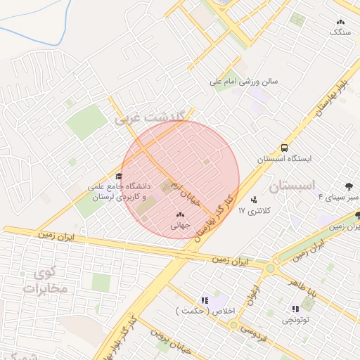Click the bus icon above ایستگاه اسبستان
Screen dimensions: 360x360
[x=284, y=148]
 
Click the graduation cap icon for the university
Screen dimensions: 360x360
[x=119, y=176]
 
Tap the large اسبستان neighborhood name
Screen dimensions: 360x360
[x=289, y=187]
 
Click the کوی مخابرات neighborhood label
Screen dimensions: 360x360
[x=44, y=280]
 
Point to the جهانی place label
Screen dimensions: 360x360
[x=180, y=226]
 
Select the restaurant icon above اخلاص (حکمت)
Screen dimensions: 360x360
[x=205, y=300]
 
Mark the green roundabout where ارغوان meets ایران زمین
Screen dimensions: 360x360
[x=270, y=267]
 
